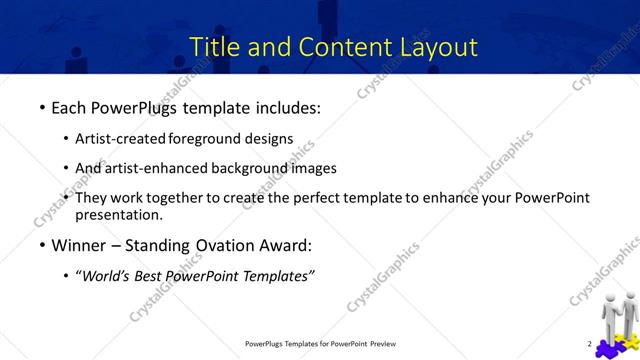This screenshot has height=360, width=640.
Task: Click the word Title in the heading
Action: click(x=214, y=46)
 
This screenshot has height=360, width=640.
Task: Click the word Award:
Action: click(x=284, y=245)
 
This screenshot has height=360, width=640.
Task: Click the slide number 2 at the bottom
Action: click(x=589, y=344)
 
